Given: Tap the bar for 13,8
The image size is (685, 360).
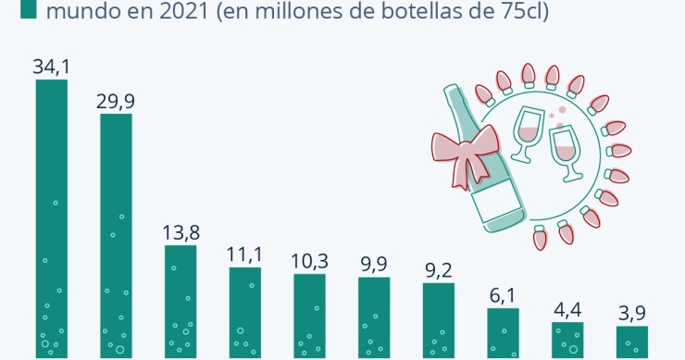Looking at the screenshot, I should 181,300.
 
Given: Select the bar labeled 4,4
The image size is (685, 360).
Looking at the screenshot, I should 567,339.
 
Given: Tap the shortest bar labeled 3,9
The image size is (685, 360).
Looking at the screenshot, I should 632,341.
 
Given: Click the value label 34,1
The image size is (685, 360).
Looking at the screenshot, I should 51,67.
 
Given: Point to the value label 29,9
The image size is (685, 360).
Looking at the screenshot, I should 116,101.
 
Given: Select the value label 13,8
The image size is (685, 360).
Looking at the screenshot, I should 181,232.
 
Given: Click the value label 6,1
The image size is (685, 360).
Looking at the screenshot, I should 504,295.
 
